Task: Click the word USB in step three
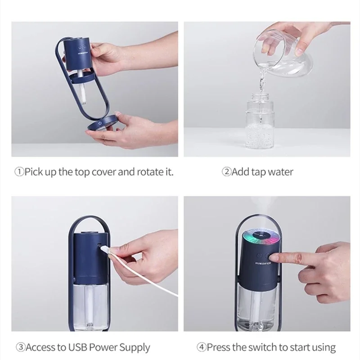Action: pos(76,347)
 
